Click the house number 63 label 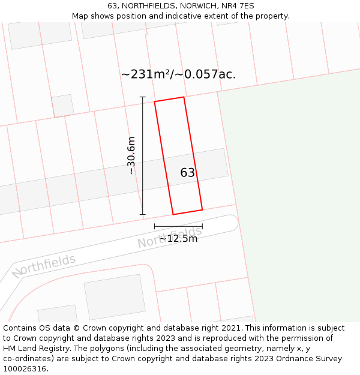pyautogui.click(x=188, y=173)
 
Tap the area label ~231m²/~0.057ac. pyautogui.click(x=178, y=74)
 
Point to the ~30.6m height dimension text pyautogui.click(x=131, y=155)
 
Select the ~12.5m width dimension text pyautogui.click(x=178, y=239)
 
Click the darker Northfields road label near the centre pyautogui.click(x=170, y=237)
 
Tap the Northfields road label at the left pyautogui.click(x=44, y=266)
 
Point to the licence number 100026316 pyautogui.click(x=25, y=369)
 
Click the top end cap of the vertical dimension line pyautogui.click(x=143, y=97)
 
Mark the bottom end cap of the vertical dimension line pyautogui.click(x=143, y=214)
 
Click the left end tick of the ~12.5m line pyautogui.click(x=155, y=226)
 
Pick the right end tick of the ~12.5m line pyautogui.click(x=202, y=226)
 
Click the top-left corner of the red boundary pyautogui.click(x=155, y=101)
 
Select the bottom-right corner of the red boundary pyautogui.click(x=202, y=209)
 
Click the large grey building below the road pyautogui.click(x=115, y=297)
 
